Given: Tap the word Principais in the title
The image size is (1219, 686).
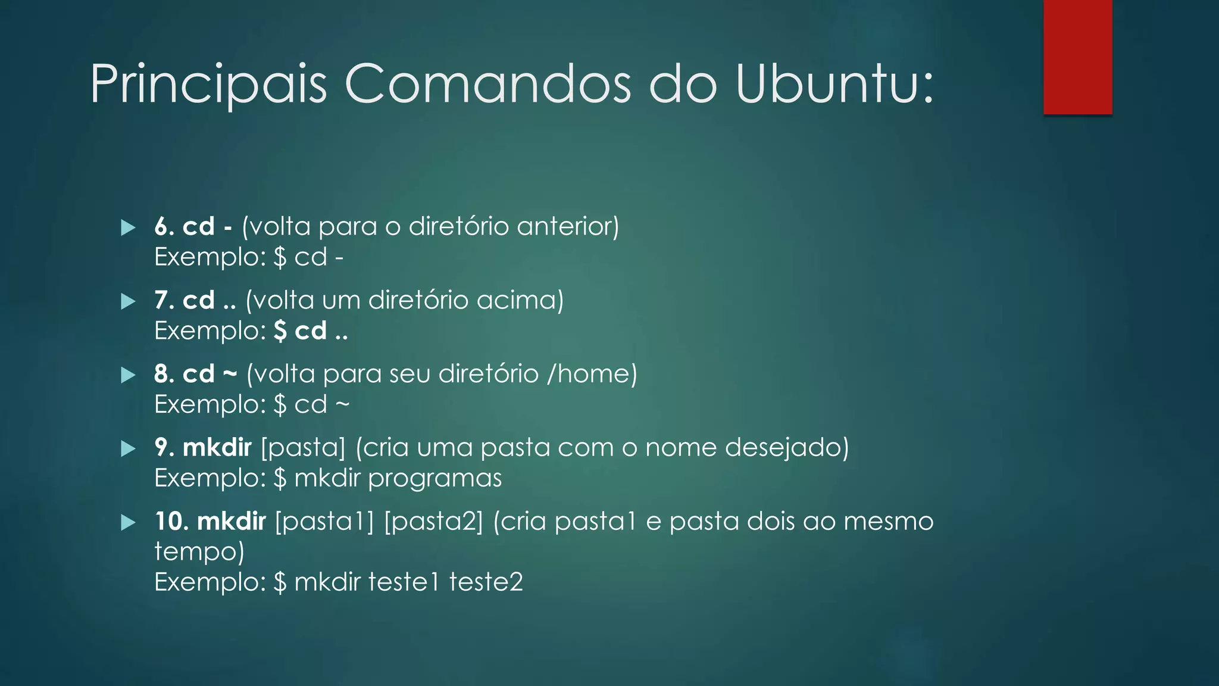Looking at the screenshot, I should [208, 84].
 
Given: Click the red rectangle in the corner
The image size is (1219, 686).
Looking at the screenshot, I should [1077, 57].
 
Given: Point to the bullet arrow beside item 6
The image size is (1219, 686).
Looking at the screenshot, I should [128, 227].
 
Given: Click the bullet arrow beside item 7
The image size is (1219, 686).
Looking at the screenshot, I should [128, 301].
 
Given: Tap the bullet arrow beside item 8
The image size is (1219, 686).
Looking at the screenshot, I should [128, 375].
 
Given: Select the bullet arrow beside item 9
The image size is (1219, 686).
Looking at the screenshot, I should [128, 448].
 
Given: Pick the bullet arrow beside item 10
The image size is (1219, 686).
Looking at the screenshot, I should [128, 522].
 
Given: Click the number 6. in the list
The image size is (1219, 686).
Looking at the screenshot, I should [164, 227].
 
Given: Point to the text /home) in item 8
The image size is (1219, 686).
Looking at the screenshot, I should [592, 374].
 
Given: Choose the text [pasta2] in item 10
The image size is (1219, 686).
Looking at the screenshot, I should [433, 522].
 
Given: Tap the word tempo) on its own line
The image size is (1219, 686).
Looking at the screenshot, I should [199, 552].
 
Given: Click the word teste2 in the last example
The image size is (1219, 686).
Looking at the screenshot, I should [486, 582].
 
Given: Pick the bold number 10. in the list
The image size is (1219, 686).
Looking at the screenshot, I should [171, 522].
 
